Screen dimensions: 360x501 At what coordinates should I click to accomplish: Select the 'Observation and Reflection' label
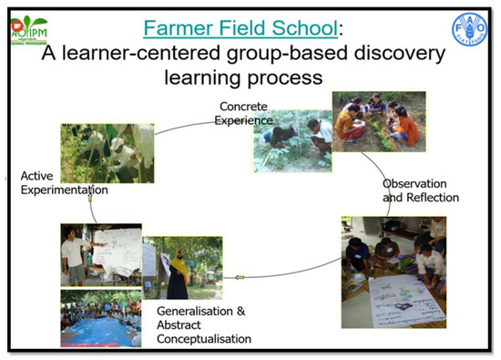click(x=420, y=190)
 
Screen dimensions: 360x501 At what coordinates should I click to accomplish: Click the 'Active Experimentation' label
click(x=56, y=183)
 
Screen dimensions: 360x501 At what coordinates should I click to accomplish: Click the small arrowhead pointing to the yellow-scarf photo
click(x=239, y=277)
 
